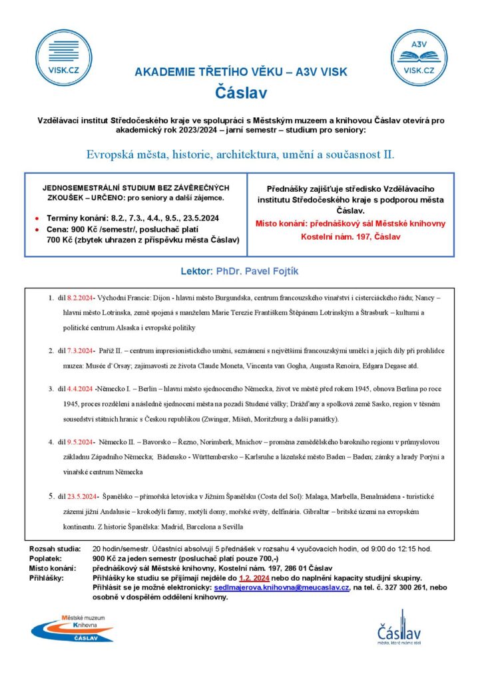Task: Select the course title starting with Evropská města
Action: (240, 155)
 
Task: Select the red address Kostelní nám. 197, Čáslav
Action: (351, 236)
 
